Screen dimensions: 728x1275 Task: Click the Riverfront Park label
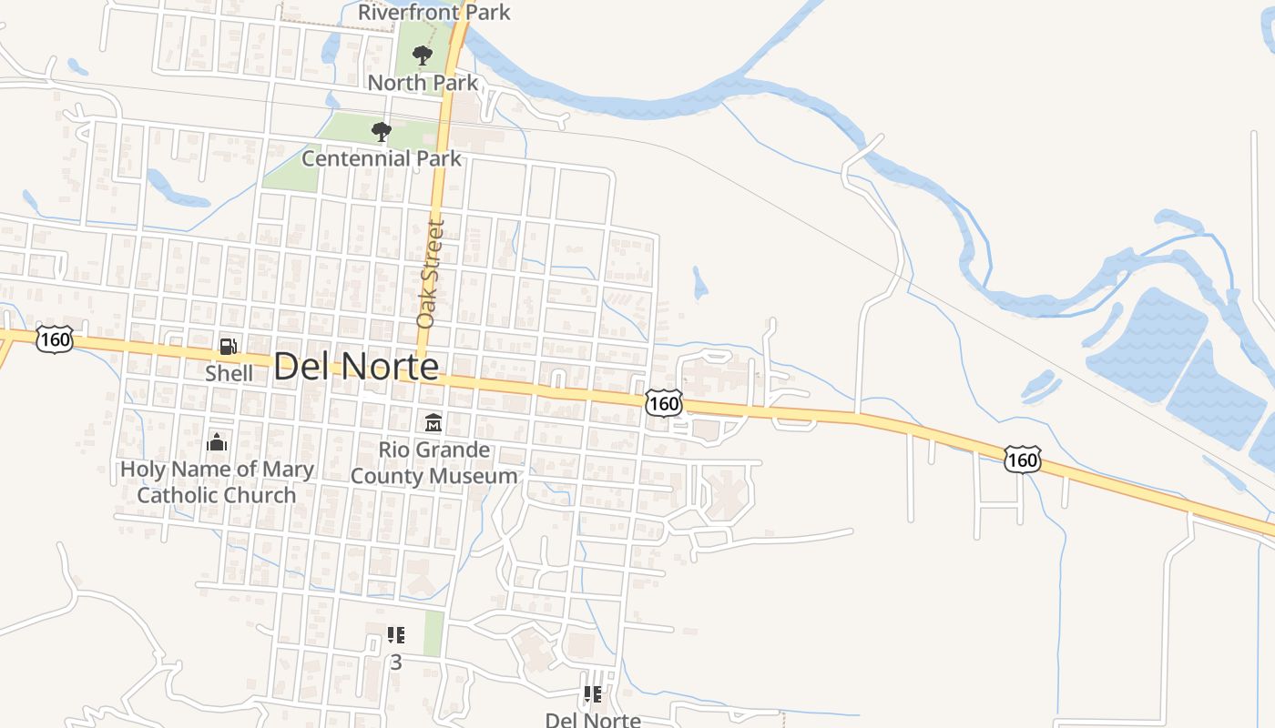[434, 13]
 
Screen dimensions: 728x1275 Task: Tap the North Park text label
[423, 83]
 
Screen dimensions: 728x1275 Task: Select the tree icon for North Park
[422, 56]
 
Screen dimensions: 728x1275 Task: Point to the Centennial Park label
[382, 158]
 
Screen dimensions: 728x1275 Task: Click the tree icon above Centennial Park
[382, 133]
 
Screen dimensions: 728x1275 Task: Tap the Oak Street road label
[430, 273]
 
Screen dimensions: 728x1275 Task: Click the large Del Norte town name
[356, 367]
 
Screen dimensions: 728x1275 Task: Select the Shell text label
[229, 373]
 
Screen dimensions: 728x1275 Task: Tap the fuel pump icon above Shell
[228, 347]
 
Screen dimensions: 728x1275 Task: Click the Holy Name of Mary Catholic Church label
[217, 482]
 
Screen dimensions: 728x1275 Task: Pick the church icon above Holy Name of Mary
[217, 442]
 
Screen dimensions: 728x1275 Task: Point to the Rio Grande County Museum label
[433, 462]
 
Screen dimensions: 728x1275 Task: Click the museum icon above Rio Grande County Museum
[433, 423]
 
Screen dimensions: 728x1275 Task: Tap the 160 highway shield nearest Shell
[55, 339]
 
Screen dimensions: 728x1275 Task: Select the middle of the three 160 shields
[664, 402]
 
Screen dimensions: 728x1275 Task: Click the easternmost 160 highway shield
[1022, 460]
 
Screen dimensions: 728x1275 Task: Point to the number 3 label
[395, 662]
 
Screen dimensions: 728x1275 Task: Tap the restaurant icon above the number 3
[395, 635]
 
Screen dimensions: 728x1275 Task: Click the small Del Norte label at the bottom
[593, 720]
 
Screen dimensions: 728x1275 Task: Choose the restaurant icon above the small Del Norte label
[593, 695]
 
